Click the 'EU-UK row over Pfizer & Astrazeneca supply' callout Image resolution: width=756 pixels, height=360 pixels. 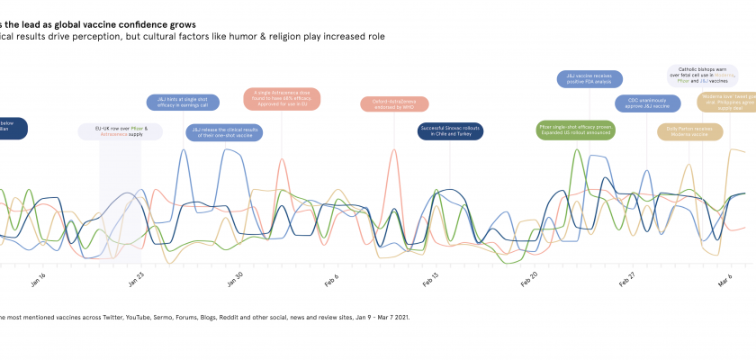(x=121, y=131)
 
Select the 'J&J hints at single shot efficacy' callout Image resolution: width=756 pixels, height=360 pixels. (x=183, y=103)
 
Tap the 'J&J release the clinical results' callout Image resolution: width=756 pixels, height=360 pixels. (x=220, y=133)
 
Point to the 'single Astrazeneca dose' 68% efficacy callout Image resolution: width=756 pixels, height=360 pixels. (x=282, y=97)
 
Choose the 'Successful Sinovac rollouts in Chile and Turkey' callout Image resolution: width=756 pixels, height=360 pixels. (x=451, y=131)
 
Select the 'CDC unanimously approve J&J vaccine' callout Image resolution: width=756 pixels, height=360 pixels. (x=648, y=103)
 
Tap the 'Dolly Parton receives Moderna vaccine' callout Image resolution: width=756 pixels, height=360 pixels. (x=690, y=130)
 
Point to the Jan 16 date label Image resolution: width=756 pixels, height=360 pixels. (x=38, y=278)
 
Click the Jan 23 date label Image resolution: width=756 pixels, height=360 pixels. (x=137, y=278)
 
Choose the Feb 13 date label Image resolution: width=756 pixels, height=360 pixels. (x=431, y=278)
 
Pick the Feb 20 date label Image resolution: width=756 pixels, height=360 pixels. (x=529, y=278)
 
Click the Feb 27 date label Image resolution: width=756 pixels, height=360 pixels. (x=627, y=278)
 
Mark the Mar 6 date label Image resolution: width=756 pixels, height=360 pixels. (x=724, y=278)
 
